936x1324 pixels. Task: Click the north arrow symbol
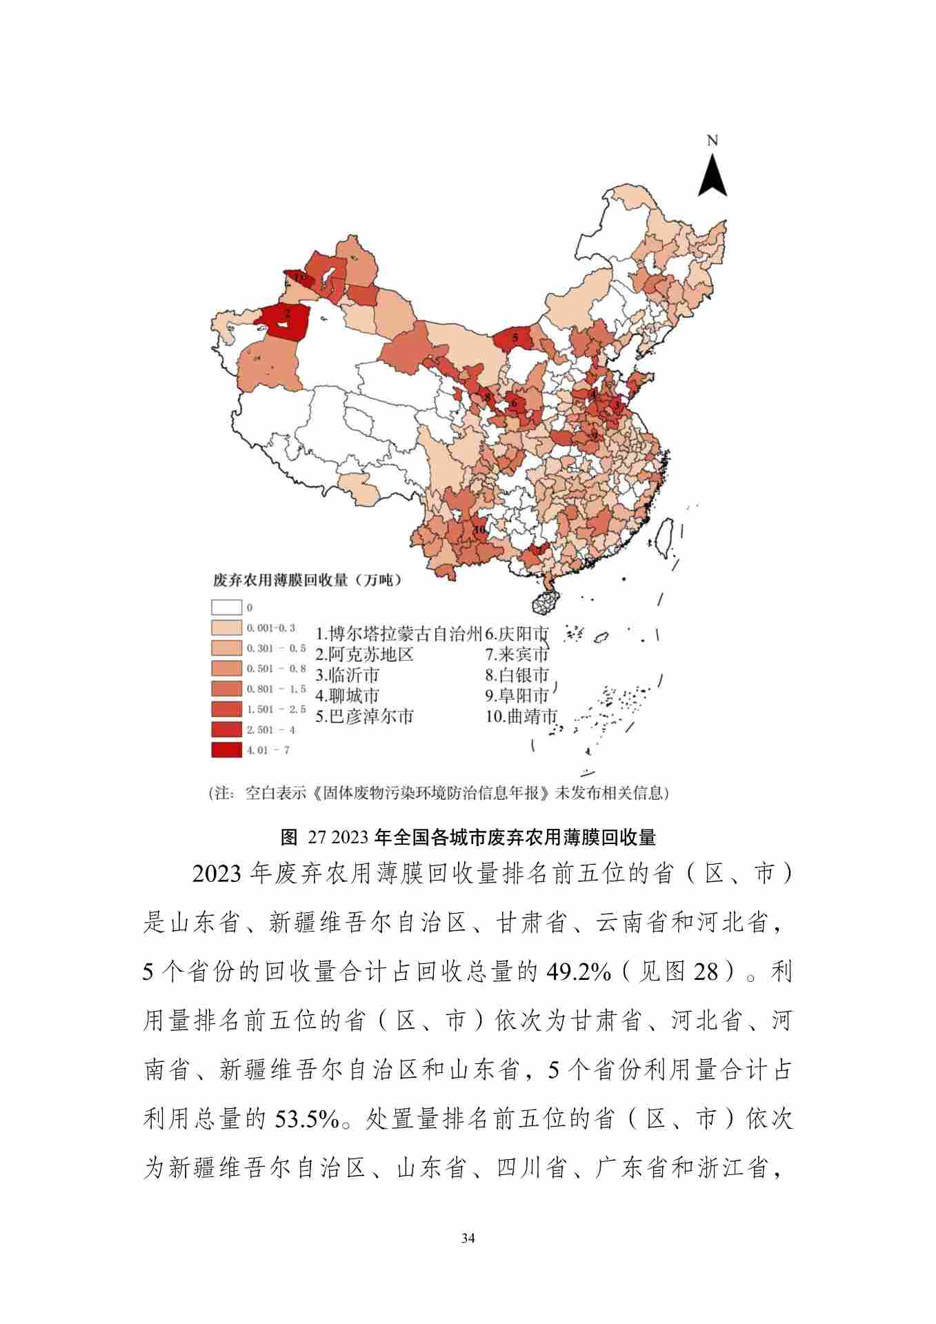point(713,175)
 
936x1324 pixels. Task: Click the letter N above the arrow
point(713,141)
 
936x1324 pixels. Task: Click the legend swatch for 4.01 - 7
point(226,750)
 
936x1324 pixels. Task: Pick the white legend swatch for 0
point(226,608)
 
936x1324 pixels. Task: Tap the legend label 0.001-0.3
point(270,628)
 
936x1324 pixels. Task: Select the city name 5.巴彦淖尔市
point(364,716)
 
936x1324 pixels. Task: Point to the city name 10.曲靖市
point(521,716)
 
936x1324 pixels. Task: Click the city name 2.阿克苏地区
point(364,654)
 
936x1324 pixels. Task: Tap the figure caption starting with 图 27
point(468,838)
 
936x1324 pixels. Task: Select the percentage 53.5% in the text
point(307,1119)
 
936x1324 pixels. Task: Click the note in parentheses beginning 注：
point(439,793)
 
